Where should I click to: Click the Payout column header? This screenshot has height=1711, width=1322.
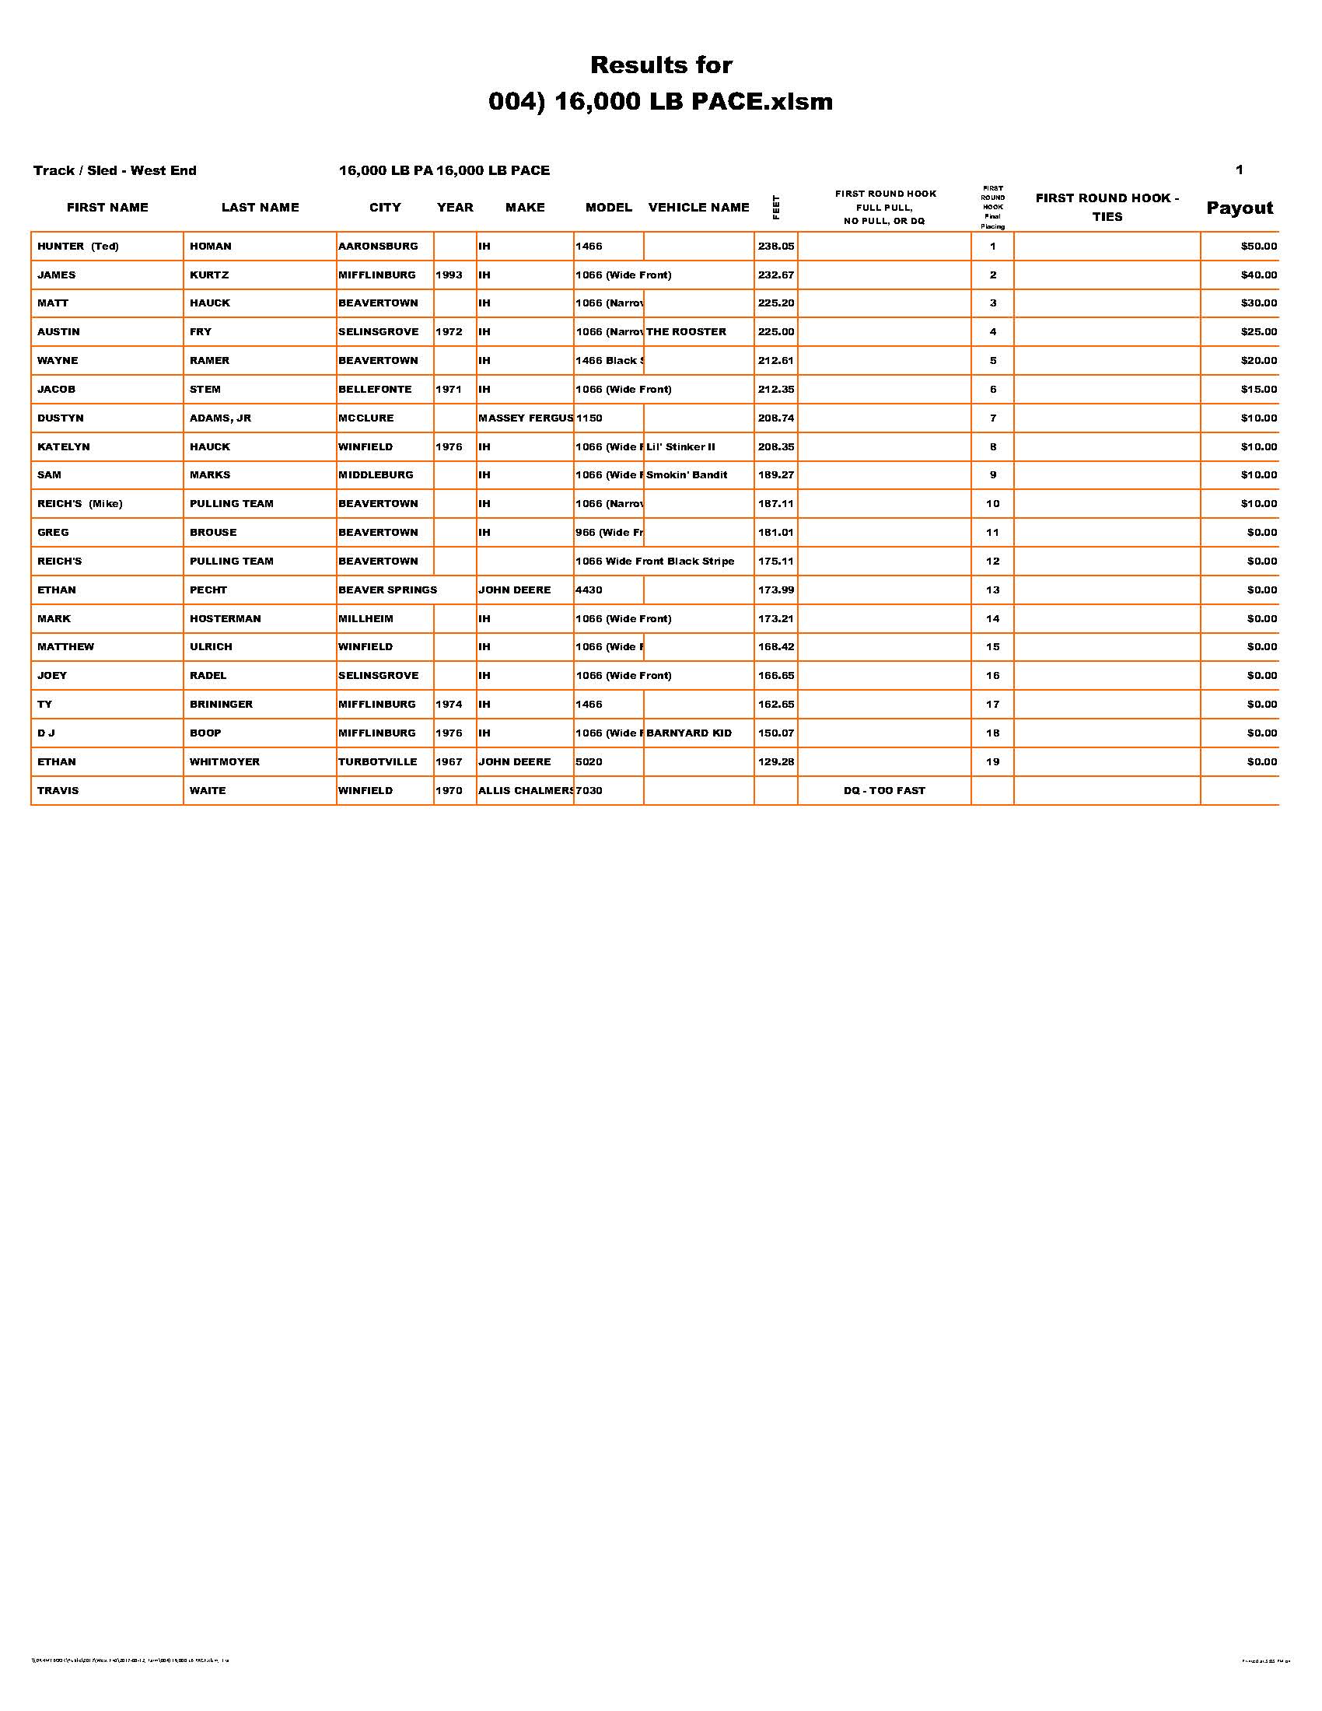coord(1239,208)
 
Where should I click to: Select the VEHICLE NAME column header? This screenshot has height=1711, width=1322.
coord(698,208)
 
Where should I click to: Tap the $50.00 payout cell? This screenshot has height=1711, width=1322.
coord(1257,246)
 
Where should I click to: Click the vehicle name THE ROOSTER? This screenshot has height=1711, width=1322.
coord(686,332)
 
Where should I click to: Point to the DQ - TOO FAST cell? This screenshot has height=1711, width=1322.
coord(884,790)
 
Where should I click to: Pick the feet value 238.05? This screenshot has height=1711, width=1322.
coord(775,246)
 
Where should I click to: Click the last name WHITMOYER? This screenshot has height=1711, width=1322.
coord(224,761)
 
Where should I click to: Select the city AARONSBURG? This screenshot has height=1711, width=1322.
coord(378,246)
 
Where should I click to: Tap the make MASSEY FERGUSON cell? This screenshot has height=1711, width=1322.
coord(526,418)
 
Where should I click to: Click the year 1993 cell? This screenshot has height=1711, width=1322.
coord(449,275)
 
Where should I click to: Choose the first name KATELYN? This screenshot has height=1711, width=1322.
coord(64,446)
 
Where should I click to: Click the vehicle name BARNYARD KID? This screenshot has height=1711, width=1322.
coord(689,733)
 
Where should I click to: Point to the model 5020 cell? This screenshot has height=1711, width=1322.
coord(589,761)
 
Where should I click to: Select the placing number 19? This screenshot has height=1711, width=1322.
coord(992,761)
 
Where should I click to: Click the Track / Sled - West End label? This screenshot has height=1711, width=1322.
coord(115,171)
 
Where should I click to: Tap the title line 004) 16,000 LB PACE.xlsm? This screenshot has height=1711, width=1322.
coord(660,102)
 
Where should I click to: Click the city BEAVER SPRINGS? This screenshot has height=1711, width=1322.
coord(388,590)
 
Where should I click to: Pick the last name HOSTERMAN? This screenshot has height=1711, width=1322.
coord(225,619)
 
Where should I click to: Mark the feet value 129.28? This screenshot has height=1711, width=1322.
coord(775,761)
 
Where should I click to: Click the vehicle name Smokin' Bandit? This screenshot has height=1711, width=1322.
coord(687,474)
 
